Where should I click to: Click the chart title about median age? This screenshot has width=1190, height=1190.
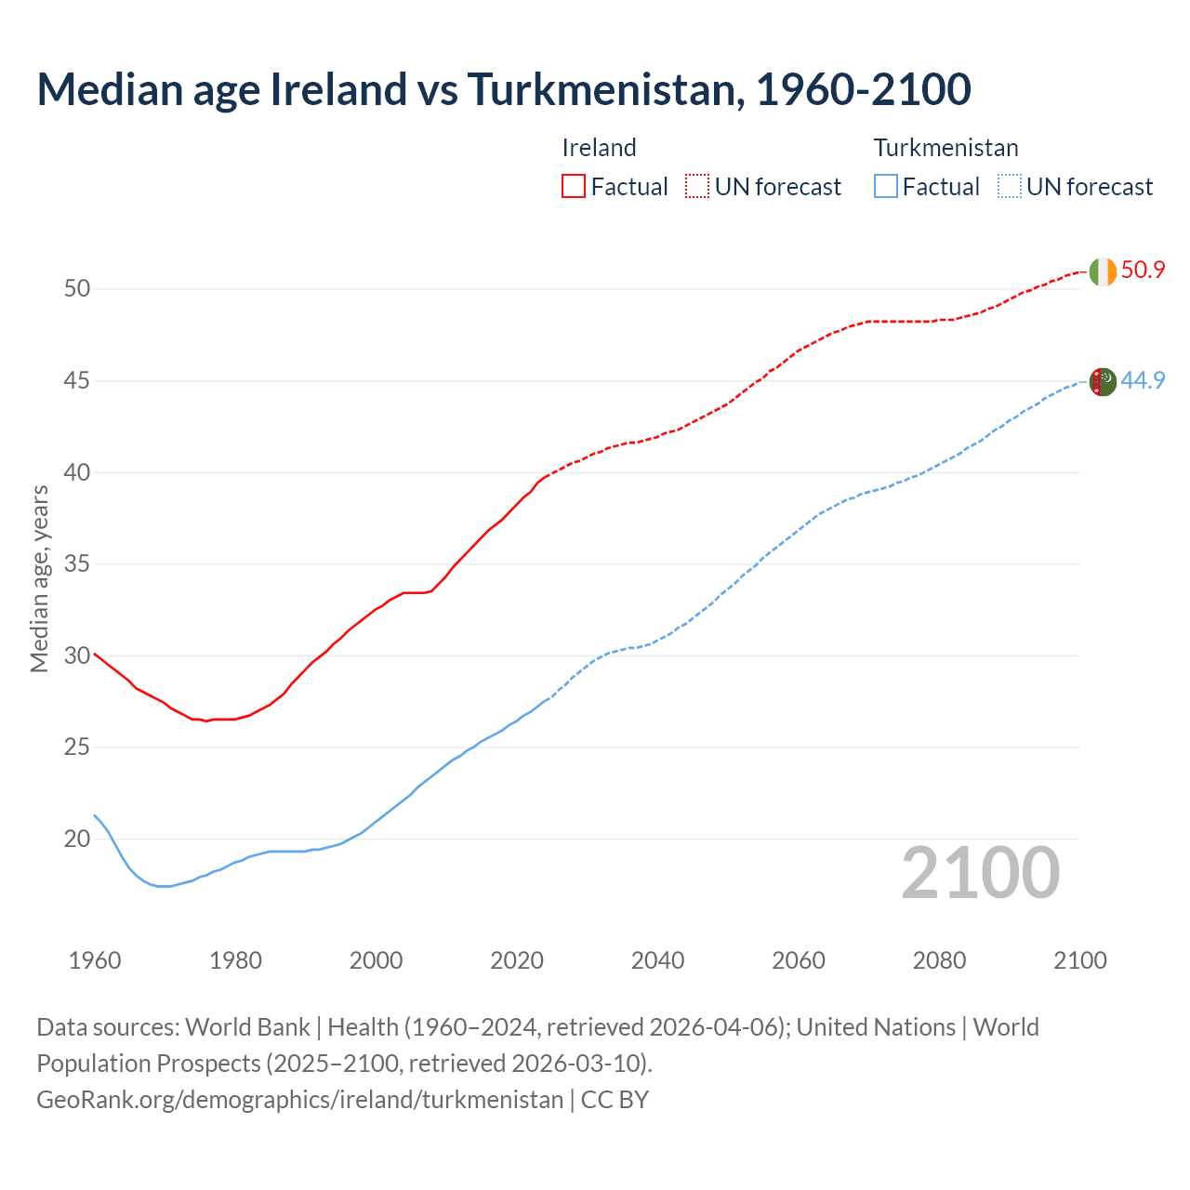coord(504,89)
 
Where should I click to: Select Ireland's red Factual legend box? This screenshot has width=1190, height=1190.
coord(574,186)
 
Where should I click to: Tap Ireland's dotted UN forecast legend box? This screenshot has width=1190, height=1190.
coord(697,186)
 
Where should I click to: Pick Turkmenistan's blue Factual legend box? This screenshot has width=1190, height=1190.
coord(886,186)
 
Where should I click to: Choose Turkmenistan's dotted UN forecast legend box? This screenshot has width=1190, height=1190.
coord(1009,186)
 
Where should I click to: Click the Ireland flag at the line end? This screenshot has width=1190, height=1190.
coord(1103,271)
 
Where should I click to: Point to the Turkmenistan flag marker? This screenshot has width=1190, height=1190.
coord(1103,382)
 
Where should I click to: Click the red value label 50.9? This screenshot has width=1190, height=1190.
coord(1143,271)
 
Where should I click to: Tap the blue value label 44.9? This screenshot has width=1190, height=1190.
coord(1143,380)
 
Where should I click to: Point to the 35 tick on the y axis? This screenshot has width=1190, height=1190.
coord(77,564)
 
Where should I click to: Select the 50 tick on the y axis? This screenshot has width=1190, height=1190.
coord(77,289)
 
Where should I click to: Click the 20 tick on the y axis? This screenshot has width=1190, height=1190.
coord(77,840)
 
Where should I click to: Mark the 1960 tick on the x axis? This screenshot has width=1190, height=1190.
coord(95,960)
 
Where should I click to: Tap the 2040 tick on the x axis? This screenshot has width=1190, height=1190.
coord(657,960)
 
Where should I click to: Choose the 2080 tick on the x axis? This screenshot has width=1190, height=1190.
coord(939,960)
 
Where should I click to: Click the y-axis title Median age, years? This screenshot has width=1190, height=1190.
coord(39,578)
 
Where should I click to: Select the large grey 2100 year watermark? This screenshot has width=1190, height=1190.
coord(980,873)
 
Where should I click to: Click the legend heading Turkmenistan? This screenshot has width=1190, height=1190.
coord(945,148)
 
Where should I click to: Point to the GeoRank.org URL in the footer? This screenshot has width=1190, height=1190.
coord(299,1100)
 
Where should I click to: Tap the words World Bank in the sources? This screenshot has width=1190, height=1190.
coord(247,1027)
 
